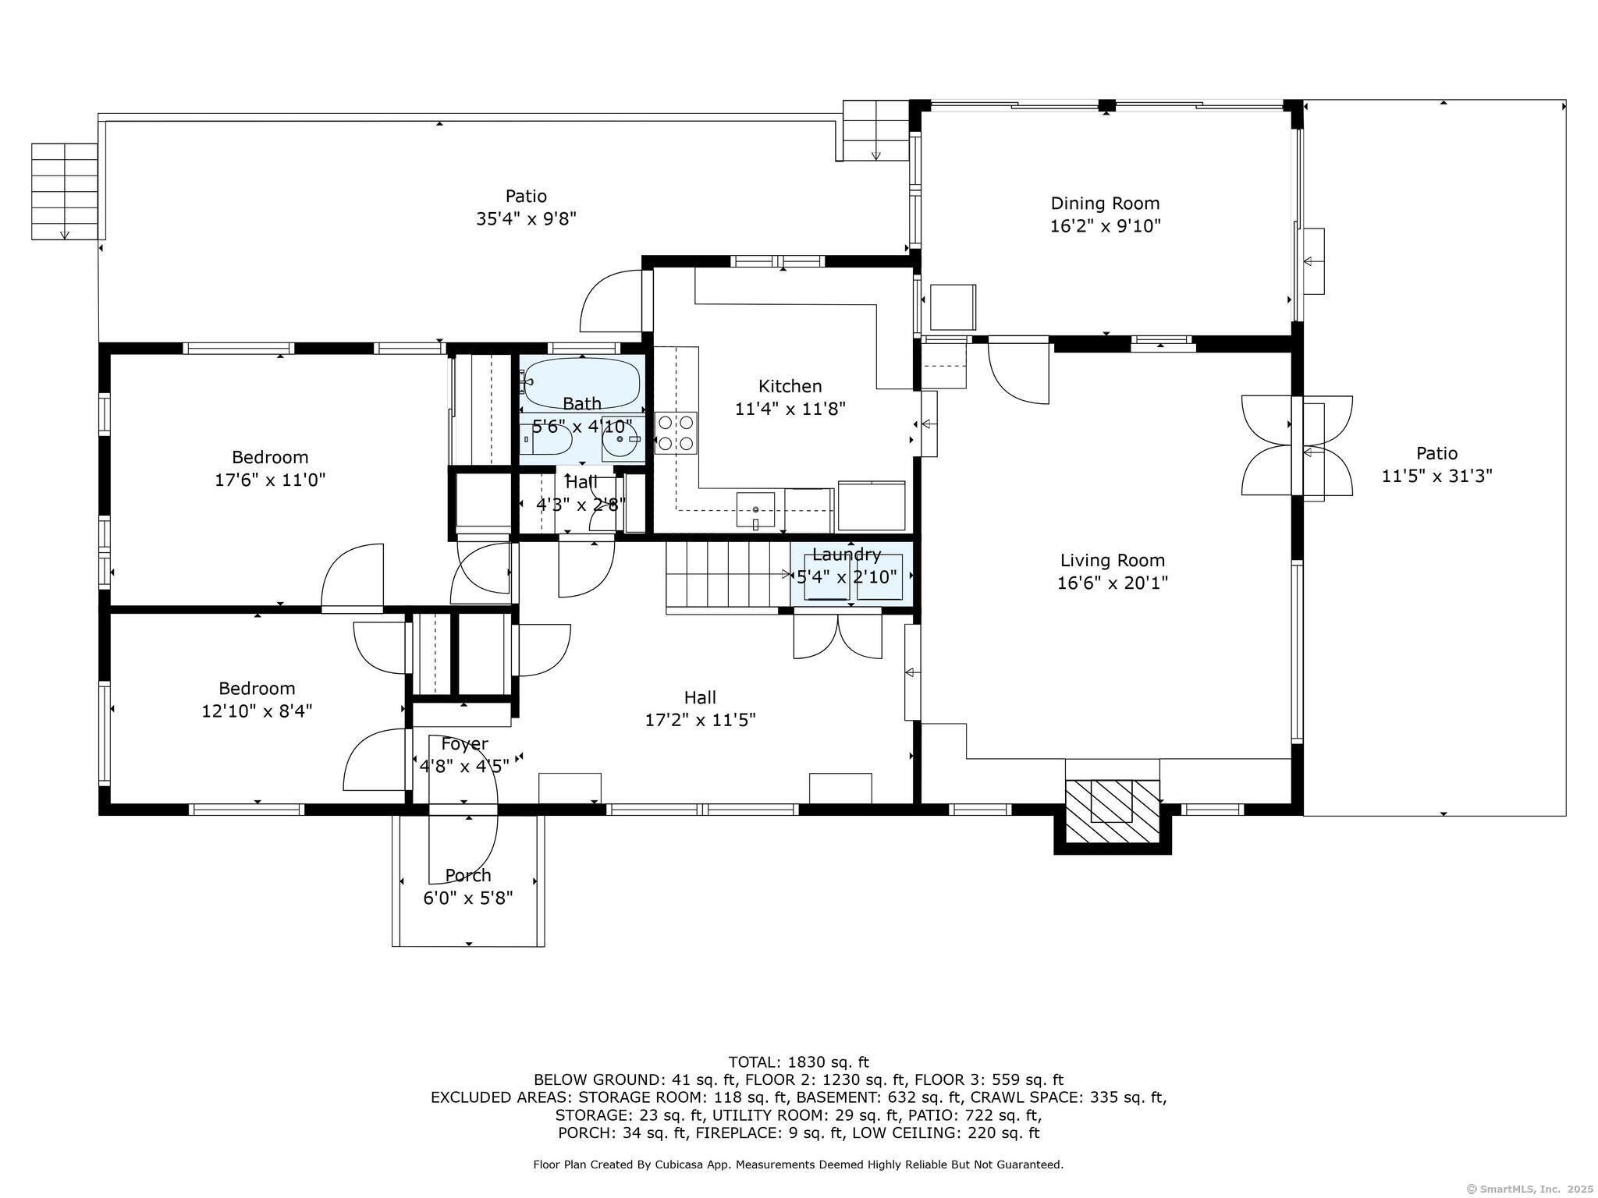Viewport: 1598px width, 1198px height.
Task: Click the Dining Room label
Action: (x=1105, y=204)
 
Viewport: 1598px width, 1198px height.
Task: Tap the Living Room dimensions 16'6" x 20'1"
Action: (x=1112, y=583)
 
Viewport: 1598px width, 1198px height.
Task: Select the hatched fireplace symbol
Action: (x=1113, y=811)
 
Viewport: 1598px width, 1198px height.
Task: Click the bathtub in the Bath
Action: (x=582, y=383)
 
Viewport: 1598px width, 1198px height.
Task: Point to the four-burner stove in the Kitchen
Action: (x=676, y=433)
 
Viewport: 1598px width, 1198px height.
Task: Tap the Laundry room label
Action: (x=847, y=555)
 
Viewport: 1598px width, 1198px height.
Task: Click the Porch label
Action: (x=468, y=875)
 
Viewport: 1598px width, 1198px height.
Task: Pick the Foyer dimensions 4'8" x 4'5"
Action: (x=464, y=766)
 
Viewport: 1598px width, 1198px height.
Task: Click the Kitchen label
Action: (x=790, y=386)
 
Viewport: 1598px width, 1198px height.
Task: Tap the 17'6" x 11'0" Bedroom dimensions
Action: (x=270, y=480)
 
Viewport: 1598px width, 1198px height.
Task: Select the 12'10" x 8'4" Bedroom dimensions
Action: (x=257, y=711)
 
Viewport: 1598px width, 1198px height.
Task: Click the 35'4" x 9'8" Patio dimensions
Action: (x=526, y=218)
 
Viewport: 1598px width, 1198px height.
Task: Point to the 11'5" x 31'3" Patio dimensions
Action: (x=1436, y=476)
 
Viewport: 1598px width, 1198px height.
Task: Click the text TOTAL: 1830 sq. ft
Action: (x=798, y=1062)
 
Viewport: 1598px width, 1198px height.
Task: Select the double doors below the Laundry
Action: (x=837, y=636)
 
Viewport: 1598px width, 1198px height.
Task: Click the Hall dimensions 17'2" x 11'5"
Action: (x=700, y=719)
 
